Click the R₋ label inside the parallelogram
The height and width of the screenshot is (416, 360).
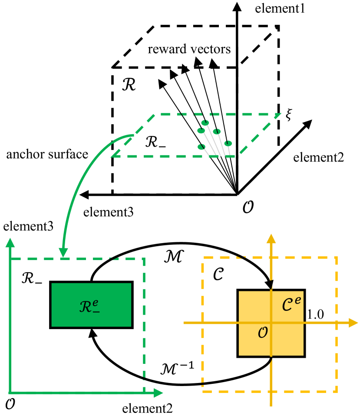(155, 142)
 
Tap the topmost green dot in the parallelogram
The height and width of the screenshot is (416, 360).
(205, 123)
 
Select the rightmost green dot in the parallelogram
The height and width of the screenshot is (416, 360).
(228, 143)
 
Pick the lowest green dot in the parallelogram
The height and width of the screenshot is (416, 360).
(201, 147)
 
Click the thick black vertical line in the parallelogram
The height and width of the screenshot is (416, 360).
(237, 135)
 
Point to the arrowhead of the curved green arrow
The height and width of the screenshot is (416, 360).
(63, 253)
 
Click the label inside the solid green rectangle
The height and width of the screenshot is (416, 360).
(90, 307)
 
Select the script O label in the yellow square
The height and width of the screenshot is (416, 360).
(263, 333)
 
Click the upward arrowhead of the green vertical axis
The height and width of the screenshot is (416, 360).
(10, 242)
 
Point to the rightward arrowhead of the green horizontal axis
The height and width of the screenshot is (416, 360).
(159, 393)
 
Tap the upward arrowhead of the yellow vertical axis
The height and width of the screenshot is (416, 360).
(271, 238)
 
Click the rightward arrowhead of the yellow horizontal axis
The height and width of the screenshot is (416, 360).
(354, 323)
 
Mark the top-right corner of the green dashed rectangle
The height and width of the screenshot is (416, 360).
(144, 259)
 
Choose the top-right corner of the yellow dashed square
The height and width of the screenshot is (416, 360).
(337, 258)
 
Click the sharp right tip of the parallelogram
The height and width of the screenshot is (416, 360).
(281, 114)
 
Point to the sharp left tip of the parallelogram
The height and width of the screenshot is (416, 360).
(112, 156)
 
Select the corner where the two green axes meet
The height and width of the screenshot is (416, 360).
(10, 393)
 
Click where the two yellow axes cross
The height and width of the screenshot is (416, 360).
(271, 323)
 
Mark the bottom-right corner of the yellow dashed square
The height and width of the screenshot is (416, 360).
(337, 391)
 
